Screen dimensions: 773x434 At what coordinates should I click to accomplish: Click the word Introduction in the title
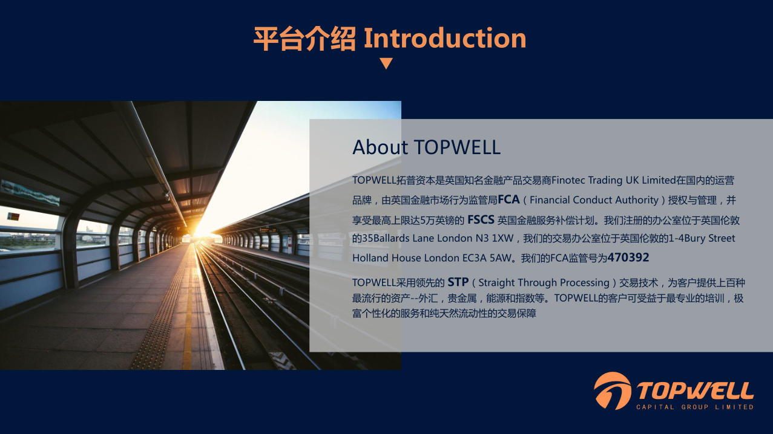(x=445, y=38)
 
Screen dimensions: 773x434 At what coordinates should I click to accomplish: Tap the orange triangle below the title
(x=386, y=63)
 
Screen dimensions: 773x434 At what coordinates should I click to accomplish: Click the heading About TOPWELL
(x=426, y=147)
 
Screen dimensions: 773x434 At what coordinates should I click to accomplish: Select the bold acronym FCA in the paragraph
(x=508, y=199)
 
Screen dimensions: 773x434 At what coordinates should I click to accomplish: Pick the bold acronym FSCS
(x=481, y=219)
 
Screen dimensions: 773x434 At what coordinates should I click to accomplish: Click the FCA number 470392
(x=628, y=257)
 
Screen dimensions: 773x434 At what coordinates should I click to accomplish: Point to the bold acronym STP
(x=458, y=282)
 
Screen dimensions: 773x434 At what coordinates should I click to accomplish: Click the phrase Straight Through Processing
(x=544, y=283)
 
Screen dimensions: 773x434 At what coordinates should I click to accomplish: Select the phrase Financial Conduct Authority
(x=594, y=200)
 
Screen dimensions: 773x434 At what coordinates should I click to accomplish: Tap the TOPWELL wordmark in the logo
(x=695, y=390)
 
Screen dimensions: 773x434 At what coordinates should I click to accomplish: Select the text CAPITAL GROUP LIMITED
(x=695, y=407)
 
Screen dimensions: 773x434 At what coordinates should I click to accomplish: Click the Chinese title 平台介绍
(x=304, y=39)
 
